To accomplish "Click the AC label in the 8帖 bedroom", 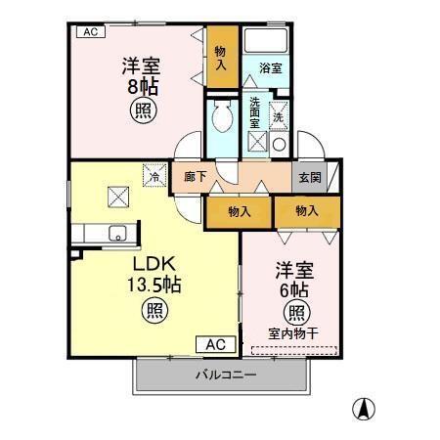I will (90, 32).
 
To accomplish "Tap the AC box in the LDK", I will (216, 344).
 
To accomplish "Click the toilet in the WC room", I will (222, 119).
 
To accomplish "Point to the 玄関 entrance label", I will (309, 178).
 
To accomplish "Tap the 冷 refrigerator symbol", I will (155, 176).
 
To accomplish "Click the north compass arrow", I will (363, 408).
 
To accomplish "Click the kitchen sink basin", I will (116, 233).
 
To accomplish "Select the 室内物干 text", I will (293, 333).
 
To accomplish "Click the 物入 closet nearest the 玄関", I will (307, 210).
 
